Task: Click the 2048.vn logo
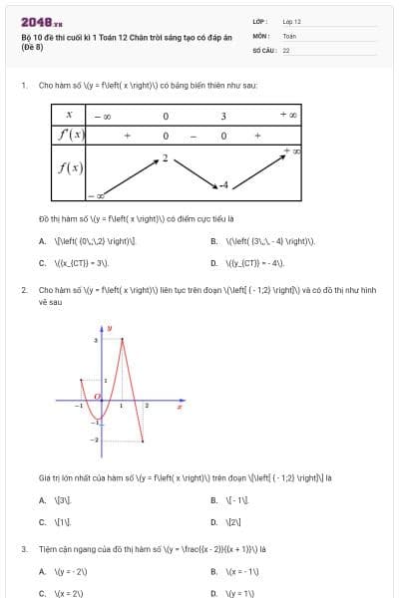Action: point(41,21)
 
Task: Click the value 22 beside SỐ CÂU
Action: point(286,49)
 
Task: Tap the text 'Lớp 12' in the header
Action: point(291,21)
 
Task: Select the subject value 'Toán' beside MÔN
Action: point(289,35)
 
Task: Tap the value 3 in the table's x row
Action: point(223,116)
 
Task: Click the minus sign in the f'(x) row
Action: point(195,135)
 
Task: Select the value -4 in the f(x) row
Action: point(225,185)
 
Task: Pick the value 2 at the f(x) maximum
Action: point(165,157)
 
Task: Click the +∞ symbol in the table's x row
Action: point(289,116)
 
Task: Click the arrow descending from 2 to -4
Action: point(195,171)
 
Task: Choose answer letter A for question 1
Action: point(42,241)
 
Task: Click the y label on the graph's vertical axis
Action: point(109,328)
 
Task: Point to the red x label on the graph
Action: point(180,406)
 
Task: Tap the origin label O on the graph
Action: point(97,397)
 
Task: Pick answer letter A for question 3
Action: point(42,571)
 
